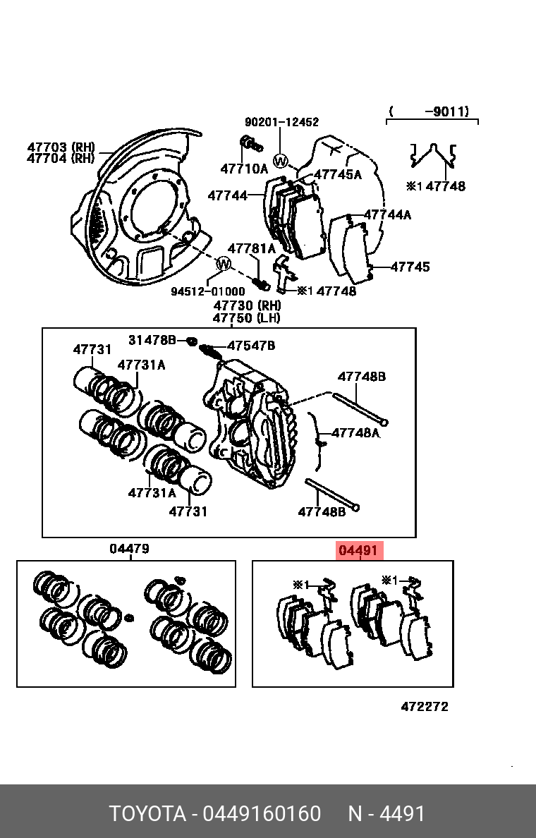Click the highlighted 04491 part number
click(360, 551)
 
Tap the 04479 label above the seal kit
click(129, 549)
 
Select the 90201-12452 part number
click(281, 122)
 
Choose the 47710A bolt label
click(244, 169)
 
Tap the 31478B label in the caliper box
click(152, 340)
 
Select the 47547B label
click(250, 346)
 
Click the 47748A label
click(355, 432)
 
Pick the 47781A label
click(251, 248)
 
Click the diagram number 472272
click(424, 707)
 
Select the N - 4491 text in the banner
click(386, 813)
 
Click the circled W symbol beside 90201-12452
click(281, 162)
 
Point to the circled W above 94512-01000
click(223, 265)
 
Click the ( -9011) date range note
click(431, 111)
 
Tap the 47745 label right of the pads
click(410, 267)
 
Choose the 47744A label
click(386, 214)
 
